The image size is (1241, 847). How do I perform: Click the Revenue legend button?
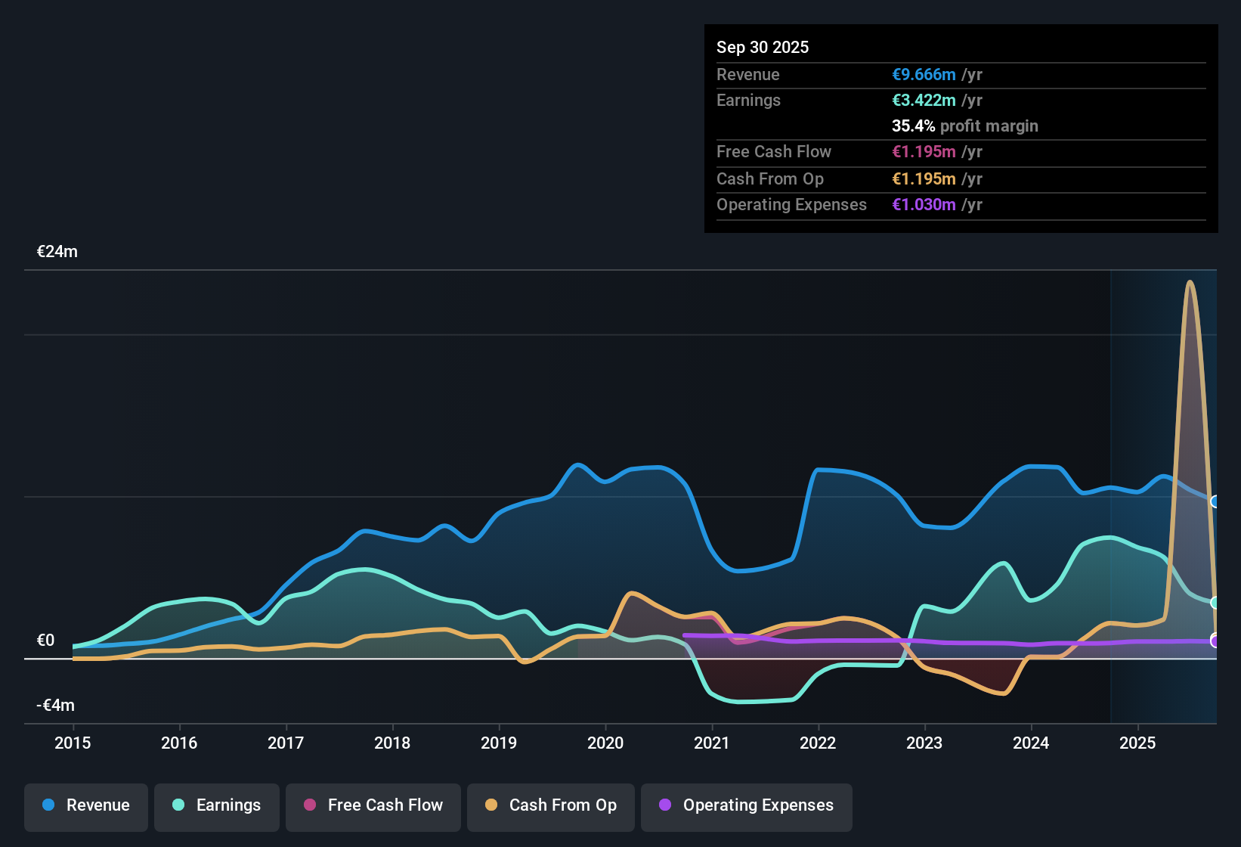click(86, 805)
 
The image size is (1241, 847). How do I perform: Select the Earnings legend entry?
click(217, 805)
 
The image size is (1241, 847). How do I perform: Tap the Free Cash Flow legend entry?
click(373, 805)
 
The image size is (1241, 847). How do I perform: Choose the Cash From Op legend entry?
click(551, 805)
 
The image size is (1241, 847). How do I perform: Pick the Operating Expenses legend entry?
click(747, 805)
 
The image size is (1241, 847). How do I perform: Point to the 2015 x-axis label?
click(73, 743)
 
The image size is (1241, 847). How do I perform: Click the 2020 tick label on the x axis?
click(605, 743)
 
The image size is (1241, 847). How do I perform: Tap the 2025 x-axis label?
click(1137, 743)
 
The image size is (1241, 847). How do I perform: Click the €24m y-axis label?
click(57, 252)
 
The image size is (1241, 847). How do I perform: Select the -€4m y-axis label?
click(56, 706)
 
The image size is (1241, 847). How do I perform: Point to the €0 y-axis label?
click(46, 641)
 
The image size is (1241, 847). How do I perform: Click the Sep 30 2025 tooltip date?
click(763, 48)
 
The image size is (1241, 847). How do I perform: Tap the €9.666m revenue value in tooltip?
click(924, 75)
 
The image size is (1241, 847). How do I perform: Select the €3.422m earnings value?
click(924, 101)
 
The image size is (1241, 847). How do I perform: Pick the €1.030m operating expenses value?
click(924, 205)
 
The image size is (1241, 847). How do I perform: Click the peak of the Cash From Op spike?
click(1190, 282)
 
